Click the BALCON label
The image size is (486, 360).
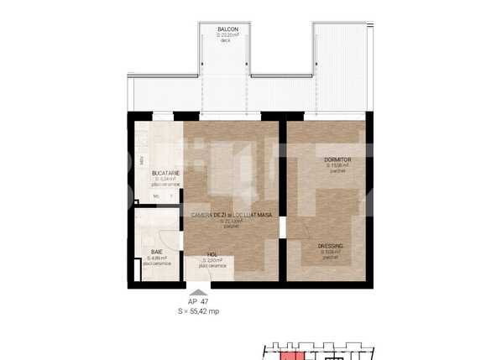228,29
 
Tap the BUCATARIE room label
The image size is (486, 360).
166,173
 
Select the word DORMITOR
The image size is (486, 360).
337,159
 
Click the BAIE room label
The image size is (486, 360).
157,252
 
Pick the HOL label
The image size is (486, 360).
212,254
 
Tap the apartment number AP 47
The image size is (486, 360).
198,301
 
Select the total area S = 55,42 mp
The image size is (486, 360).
198,310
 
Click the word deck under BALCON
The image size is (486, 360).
225,40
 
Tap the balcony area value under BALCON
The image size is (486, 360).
228,35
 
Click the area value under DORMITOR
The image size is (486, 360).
337,164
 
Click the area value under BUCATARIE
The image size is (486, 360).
165,179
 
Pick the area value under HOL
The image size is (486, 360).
212,260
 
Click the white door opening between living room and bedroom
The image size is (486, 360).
283,227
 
